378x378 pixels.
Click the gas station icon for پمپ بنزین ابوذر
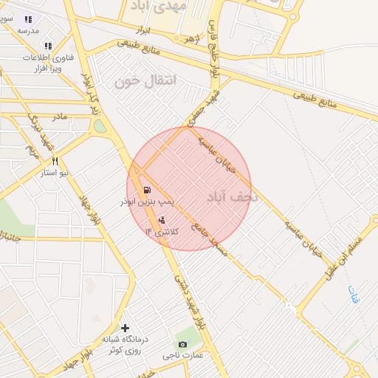(x=147, y=190)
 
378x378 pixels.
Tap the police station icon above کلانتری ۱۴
(x=162, y=219)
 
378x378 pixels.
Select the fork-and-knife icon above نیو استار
(x=55, y=161)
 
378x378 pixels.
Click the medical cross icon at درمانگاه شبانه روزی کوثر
(x=126, y=328)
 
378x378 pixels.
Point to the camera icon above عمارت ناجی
(x=183, y=344)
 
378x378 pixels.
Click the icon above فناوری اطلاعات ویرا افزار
(x=49, y=46)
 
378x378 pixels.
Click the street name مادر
(x=58, y=117)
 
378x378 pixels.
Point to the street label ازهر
(x=192, y=37)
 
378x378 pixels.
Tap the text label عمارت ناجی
(x=182, y=356)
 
